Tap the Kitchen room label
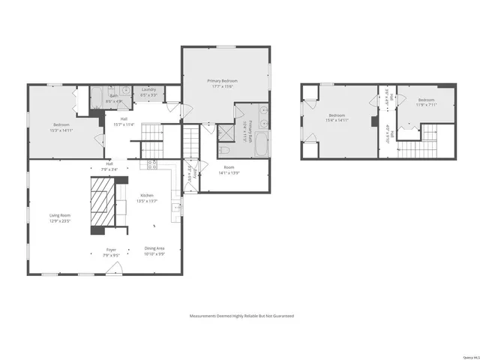pos(146,196)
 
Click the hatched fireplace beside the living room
pos(105,201)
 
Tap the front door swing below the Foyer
pos(112,268)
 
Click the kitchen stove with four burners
pos(152,163)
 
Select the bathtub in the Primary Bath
pos(259,144)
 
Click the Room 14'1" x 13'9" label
pos(228,170)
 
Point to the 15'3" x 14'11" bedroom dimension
pos(61,130)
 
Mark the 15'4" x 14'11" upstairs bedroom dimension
pos(336,119)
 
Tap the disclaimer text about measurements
pos(241,316)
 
